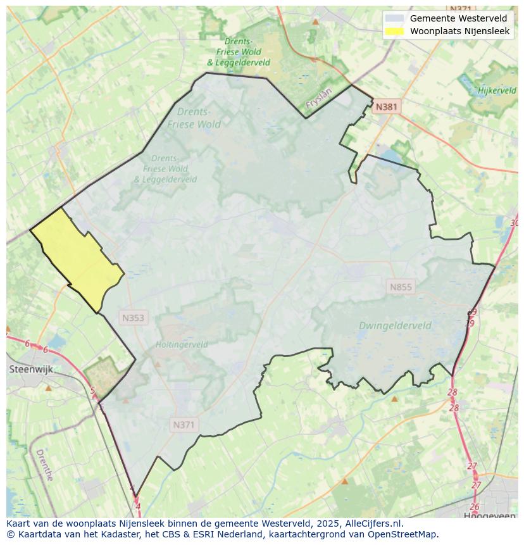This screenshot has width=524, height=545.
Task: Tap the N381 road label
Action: pos(386,107)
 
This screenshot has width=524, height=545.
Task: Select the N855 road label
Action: pos(401,287)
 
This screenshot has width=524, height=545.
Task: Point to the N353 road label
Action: pos(133,318)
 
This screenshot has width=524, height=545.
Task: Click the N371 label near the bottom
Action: pos(184,425)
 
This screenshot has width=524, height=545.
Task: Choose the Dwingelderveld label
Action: pos(395,326)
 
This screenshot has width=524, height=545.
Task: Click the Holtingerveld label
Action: pos(182,345)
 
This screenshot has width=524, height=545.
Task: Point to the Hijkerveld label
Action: pos(497,91)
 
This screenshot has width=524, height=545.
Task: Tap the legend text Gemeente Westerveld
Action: pos(458,18)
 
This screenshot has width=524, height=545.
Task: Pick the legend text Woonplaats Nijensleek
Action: pos(459,31)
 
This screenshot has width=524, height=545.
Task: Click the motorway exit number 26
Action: pos(475,507)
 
